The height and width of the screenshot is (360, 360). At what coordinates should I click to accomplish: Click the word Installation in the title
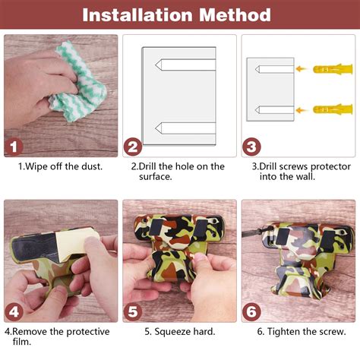click(x=137, y=15)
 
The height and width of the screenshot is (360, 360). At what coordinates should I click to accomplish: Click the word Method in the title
click(x=235, y=15)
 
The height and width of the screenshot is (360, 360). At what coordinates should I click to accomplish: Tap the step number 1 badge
click(x=14, y=147)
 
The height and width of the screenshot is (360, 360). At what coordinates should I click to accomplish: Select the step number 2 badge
click(x=133, y=147)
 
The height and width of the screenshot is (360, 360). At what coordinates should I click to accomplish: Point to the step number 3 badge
click(x=251, y=147)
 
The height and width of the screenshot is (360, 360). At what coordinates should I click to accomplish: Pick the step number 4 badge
click(x=14, y=312)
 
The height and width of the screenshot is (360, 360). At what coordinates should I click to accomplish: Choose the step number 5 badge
click(x=133, y=312)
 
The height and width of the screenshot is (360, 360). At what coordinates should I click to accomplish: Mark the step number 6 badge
click(x=251, y=312)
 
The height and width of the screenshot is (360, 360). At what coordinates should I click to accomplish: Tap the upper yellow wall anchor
click(x=333, y=69)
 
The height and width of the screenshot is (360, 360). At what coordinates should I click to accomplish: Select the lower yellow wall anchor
click(x=333, y=109)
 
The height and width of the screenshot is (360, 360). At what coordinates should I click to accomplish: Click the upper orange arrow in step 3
click(x=302, y=68)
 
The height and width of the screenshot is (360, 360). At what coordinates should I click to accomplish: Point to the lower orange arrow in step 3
click(x=302, y=110)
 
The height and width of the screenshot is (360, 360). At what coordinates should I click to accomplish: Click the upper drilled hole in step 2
click(x=185, y=65)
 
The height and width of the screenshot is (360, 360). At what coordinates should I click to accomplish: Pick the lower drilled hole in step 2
click(x=185, y=128)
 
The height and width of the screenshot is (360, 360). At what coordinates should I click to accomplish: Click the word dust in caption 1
click(x=92, y=166)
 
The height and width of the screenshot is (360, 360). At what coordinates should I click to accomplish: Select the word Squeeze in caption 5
click(x=172, y=332)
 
